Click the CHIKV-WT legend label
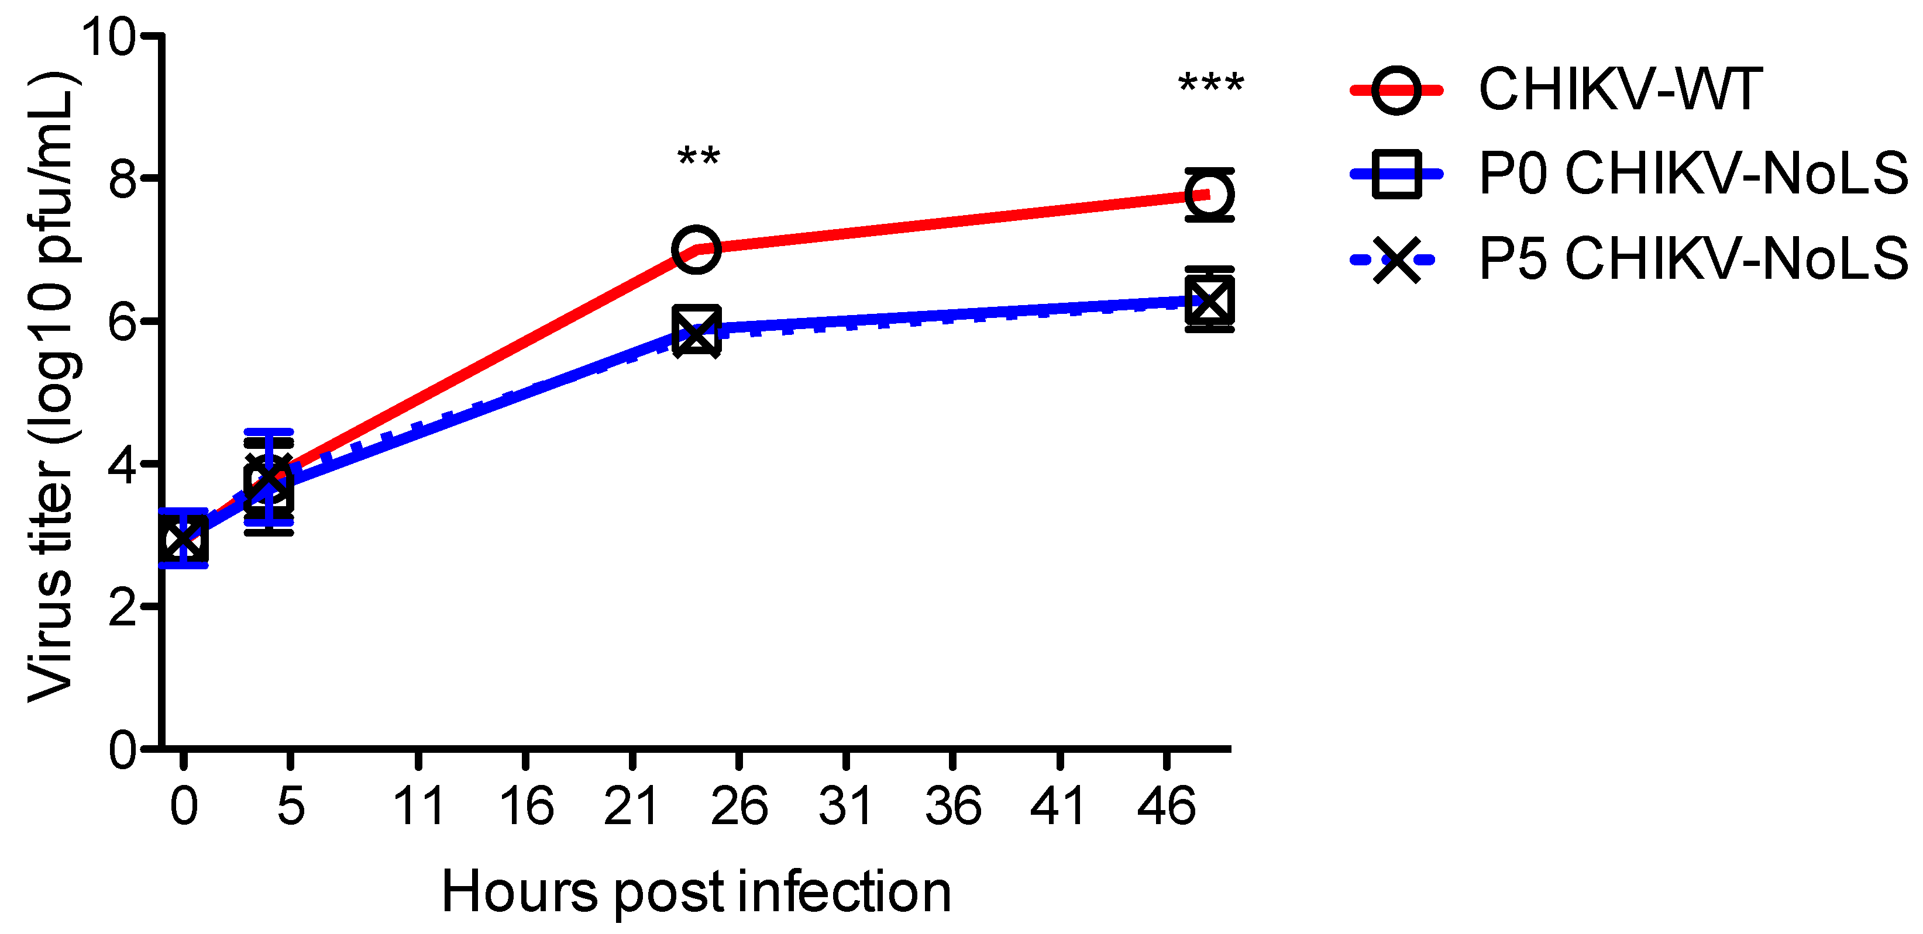point(1621,90)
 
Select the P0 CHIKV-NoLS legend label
point(1693,174)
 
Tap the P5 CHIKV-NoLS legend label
point(1693,260)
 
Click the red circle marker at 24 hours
point(696,248)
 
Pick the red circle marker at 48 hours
point(1209,195)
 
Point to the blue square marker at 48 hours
point(1209,299)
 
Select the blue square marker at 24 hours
point(696,329)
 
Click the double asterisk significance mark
point(698,159)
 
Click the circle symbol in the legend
point(1396,90)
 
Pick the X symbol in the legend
point(1396,260)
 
